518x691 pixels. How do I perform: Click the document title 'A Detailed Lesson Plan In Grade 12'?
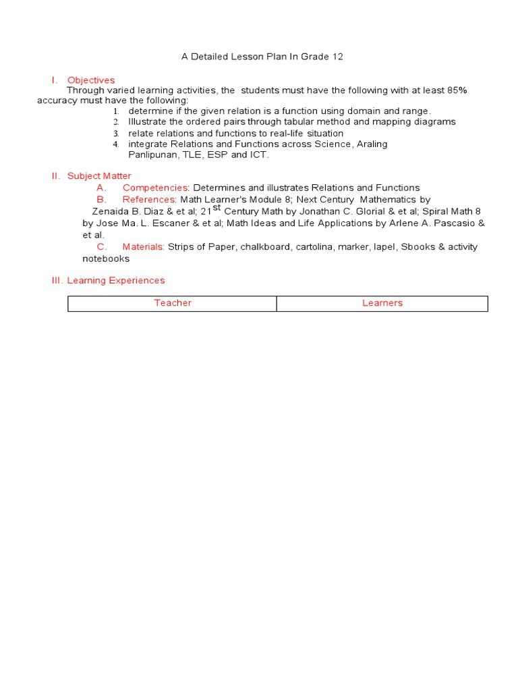coord(262,57)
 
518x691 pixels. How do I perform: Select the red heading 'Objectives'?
coord(91,80)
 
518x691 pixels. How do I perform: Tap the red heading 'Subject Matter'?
coord(99,176)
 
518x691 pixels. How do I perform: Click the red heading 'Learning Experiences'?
coord(115,281)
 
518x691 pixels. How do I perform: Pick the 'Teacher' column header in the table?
coord(173,303)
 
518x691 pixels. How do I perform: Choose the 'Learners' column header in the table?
coord(382,303)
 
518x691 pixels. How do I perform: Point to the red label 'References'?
coord(150,200)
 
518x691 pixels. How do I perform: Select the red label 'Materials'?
coord(144,247)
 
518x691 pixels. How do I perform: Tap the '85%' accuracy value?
coord(456,90)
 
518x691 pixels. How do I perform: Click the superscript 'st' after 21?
coord(217,208)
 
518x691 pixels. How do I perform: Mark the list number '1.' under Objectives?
coord(115,111)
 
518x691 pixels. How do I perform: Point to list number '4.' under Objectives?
coord(115,144)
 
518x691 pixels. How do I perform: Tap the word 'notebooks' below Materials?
coord(106,258)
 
